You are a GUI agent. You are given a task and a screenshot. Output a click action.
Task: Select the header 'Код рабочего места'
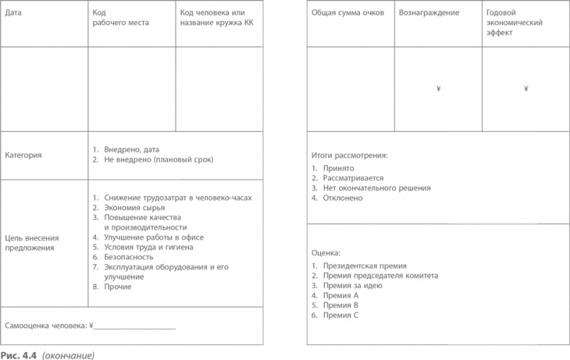tap(120, 18)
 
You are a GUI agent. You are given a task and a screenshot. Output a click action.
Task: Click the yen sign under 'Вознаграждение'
tap(439, 89)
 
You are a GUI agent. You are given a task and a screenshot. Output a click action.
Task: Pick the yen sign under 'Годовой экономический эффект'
tap(526, 89)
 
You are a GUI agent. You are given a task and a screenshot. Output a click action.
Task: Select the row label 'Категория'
tap(23, 154)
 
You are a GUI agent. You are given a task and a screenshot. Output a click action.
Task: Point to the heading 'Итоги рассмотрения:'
tap(349, 155)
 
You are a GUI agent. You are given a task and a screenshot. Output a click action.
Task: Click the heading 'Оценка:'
tap(325, 253)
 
